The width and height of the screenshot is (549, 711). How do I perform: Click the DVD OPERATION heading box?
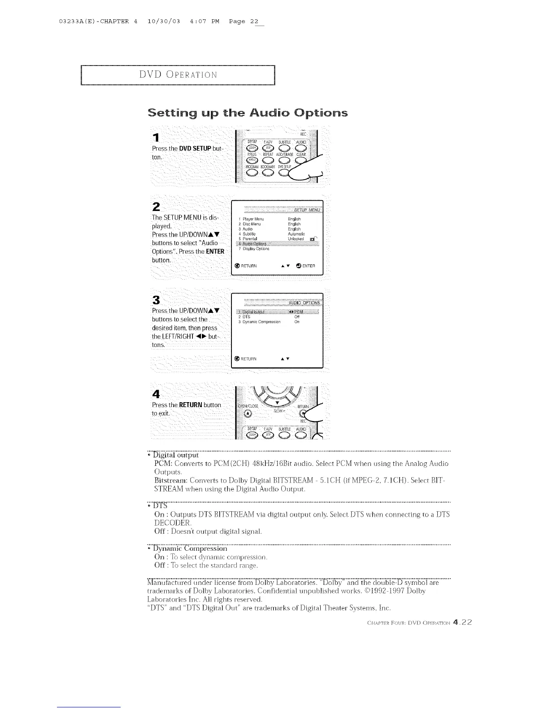tap(178, 75)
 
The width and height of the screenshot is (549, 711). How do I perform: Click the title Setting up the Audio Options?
tap(247, 112)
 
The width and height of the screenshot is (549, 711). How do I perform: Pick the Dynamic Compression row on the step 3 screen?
tap(259, 322)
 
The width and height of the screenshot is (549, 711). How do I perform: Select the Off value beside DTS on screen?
tap(296, 317)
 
